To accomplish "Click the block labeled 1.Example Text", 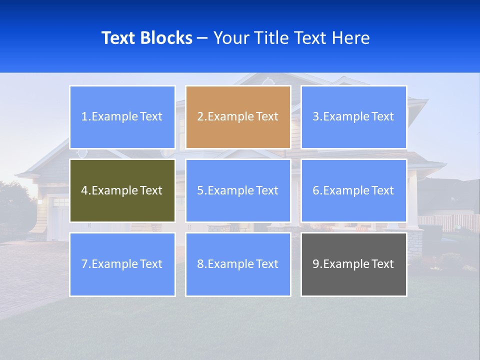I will (x=122, y=117).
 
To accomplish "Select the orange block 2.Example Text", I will (x=238, y=117).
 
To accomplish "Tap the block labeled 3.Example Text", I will (x=353, y=117).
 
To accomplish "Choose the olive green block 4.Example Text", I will (x=122, y=190).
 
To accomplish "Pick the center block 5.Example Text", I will (x=238, y=190).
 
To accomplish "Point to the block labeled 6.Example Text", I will (x=353, y=190).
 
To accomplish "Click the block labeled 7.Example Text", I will (x=122, y=264).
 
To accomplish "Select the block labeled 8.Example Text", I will (x=238, y=264).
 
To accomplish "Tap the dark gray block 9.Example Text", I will (x=353, y=264).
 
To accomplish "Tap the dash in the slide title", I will (x=202, y=38).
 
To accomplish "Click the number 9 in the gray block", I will (x=316, y=264).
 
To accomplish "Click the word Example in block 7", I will (x=114, y=264).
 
